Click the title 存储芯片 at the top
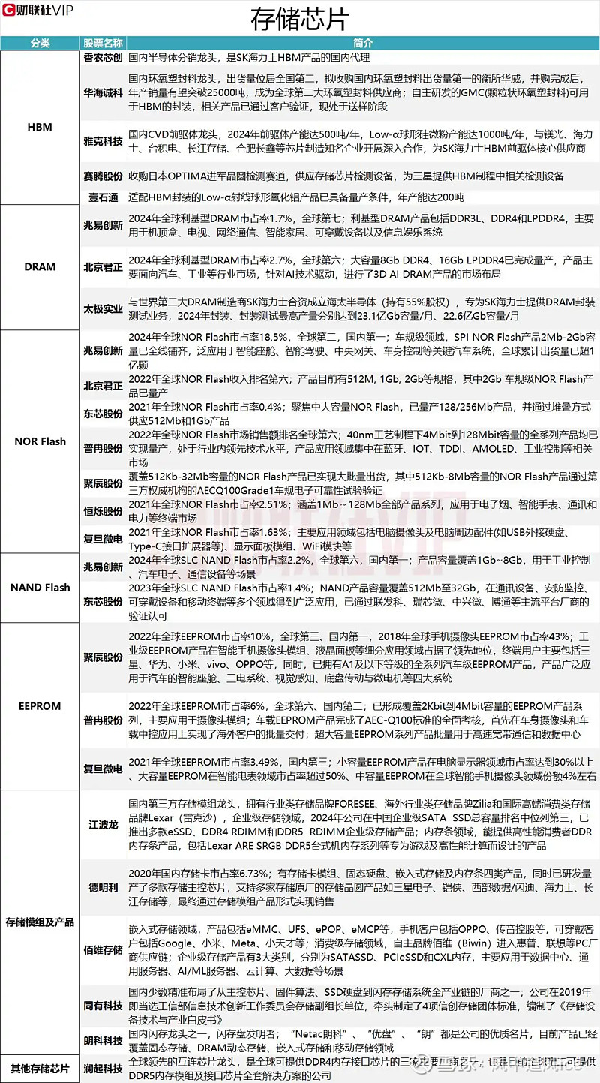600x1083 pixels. coord(299,17)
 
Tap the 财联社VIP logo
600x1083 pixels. coord(43,11)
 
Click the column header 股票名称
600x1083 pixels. coord(103,44)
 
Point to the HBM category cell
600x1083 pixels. coord(40,127)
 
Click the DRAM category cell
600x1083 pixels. coord(40,266)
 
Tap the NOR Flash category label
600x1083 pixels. coord(40,441)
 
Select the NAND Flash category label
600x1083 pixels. coord(40,588)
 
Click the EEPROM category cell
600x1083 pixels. coord(40,705)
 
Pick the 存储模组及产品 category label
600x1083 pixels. coord(40,922)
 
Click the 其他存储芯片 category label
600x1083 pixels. coord(40,1068)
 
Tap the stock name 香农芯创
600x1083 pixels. coord(103,57)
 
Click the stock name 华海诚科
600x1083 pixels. coord(103,93)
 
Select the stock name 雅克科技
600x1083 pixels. coord(103,142)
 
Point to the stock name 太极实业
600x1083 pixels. coord(103,308)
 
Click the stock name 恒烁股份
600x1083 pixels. coord(103,511)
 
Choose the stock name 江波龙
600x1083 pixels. coord(103,824)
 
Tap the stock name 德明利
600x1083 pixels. coord(103,887)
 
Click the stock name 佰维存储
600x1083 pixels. coord(103,949)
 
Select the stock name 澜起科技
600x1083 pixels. coord(103,1068)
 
